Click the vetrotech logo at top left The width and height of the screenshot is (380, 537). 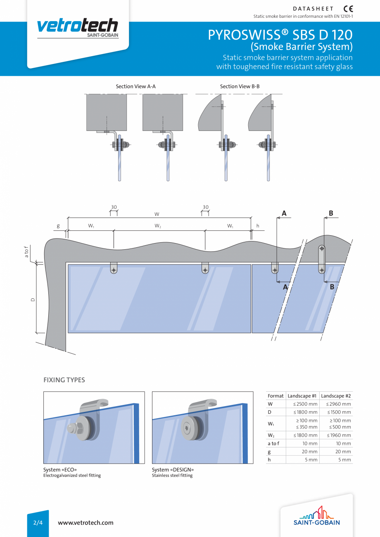pos(78,28)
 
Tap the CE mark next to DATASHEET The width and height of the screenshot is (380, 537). pos(348,9)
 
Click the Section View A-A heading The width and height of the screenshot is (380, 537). pos(135,86)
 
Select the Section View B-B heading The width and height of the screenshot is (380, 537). pos(240,86)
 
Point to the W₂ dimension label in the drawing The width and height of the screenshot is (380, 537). pos(158,226)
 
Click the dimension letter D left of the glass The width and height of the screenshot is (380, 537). pos(33,300)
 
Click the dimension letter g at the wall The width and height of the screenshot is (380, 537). pos(58,226)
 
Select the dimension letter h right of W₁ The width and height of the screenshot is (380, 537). pos(258,226)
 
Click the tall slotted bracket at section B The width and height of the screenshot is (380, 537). pos(322,259)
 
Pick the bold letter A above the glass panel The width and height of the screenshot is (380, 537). pos(284,213)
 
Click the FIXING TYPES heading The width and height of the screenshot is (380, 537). pos(64,380)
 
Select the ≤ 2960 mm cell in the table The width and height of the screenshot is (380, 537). pos(336,404)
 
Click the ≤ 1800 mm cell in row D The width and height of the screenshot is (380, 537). pos(303,412)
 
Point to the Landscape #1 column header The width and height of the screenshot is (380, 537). pos(302,396)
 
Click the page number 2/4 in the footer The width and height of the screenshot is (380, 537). pos(38,523)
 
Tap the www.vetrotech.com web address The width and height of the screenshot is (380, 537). pos(85,523)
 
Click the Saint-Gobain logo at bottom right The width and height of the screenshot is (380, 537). pos(317,516)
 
